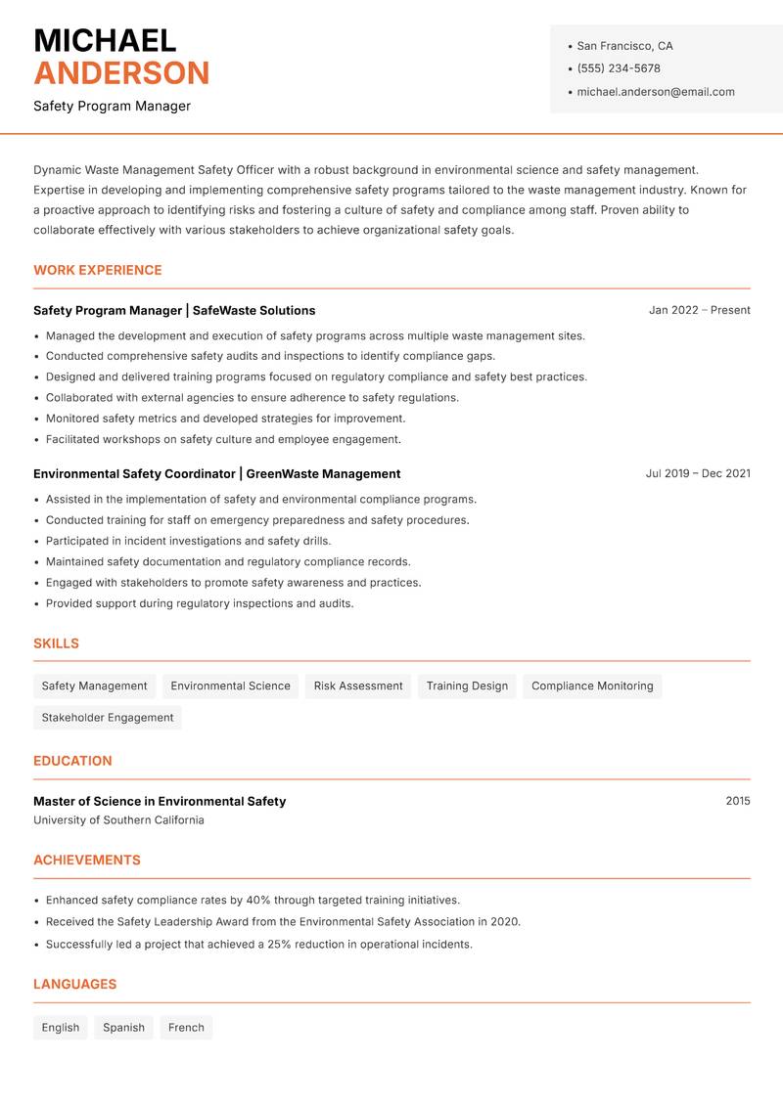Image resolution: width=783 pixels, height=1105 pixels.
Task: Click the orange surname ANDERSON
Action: click(121, 73)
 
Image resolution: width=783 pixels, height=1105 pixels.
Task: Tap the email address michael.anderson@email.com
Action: click(655, 92)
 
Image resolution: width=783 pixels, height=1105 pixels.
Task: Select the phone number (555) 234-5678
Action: click(618, 68)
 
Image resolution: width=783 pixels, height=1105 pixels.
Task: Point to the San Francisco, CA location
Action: click(624, 46)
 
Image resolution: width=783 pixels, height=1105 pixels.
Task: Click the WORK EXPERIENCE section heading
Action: click(98, 270)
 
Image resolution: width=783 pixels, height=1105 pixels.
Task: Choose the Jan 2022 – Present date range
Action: click(699, 310)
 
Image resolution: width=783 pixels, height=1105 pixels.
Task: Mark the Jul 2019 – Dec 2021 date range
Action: click(698, 473)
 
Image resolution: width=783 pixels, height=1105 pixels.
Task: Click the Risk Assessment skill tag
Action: click(358, 686)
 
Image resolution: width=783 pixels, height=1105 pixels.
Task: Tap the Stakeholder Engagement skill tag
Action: click(108, 718)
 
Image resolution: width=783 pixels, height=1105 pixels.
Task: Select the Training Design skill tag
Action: click(467, 686)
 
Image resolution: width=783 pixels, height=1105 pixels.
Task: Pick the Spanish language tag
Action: click(123, 1028)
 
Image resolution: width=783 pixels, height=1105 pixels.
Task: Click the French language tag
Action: click(186, 1028)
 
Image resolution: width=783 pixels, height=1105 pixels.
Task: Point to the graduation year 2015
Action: click(738, 801)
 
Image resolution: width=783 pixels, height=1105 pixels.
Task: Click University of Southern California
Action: click(118, 820)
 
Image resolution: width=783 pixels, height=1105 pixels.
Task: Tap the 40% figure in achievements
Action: click(257, 900)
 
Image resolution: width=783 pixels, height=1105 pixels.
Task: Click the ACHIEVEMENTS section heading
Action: click(87, 861)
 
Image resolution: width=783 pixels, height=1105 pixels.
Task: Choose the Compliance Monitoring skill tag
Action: click(592, 686)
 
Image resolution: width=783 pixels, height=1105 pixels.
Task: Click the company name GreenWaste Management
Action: click(323, 473)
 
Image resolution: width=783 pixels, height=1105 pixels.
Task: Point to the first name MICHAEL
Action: click(105, 41)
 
